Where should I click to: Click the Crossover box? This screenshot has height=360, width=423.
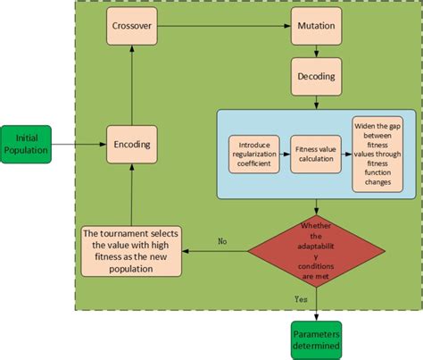[x=132, y=25]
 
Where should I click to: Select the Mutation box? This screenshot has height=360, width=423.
[x=315, y=25]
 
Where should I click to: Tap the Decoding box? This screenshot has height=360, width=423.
[x=315, y=78]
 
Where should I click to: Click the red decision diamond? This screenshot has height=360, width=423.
[x=315, y=242]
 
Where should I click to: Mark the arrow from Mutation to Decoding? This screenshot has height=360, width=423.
[x=315, y=52]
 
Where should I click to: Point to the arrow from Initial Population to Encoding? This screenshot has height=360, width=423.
[x=79, y=142]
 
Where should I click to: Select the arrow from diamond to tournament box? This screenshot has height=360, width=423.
[x=218, y=251]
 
